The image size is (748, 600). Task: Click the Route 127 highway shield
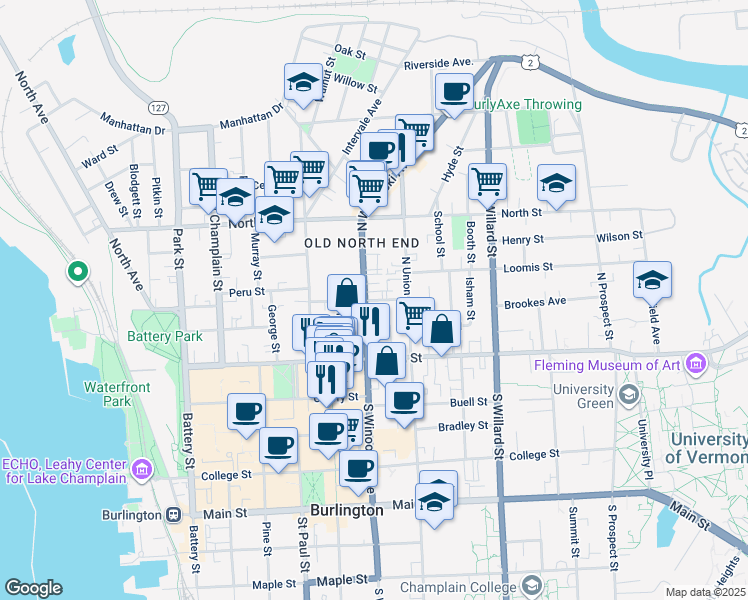click(157, 107)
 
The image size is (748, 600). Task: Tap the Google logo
click(33, 588)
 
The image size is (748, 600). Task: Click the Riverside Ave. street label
click(437, 63)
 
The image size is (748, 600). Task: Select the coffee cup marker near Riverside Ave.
click(454, 92)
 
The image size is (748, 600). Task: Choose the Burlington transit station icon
click(173, 515)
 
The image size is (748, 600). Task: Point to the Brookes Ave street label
click(534, 302)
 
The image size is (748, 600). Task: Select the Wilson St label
click(619, 236)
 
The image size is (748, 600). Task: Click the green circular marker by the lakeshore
click(76, 271)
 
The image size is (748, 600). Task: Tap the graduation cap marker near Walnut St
click(301, 83)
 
